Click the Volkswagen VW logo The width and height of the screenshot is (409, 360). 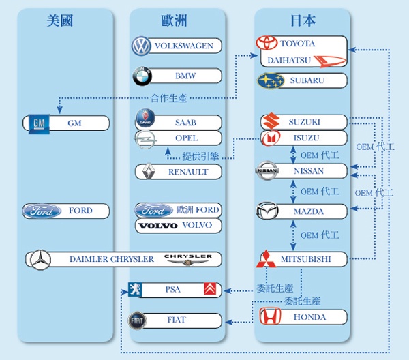[x=141, y=46]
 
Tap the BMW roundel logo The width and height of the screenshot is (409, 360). [x=141, y=75]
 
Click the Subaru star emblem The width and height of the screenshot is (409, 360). [x=271, y=80]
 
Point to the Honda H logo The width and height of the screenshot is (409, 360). [x=270, y=316]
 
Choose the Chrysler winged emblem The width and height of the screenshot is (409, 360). [x=189, y=259]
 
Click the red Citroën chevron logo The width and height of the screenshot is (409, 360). [x=211, y=290]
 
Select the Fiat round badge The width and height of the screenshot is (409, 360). [x=138, y=320]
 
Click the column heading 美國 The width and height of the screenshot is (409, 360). [x=60, y=20]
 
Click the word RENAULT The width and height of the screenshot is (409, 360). [x=188, y=172]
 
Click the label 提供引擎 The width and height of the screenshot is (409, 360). [x=200, y=155]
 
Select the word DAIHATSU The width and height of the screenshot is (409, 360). [x=289, y=60]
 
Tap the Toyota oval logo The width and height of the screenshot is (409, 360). [x=267, y=43]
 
